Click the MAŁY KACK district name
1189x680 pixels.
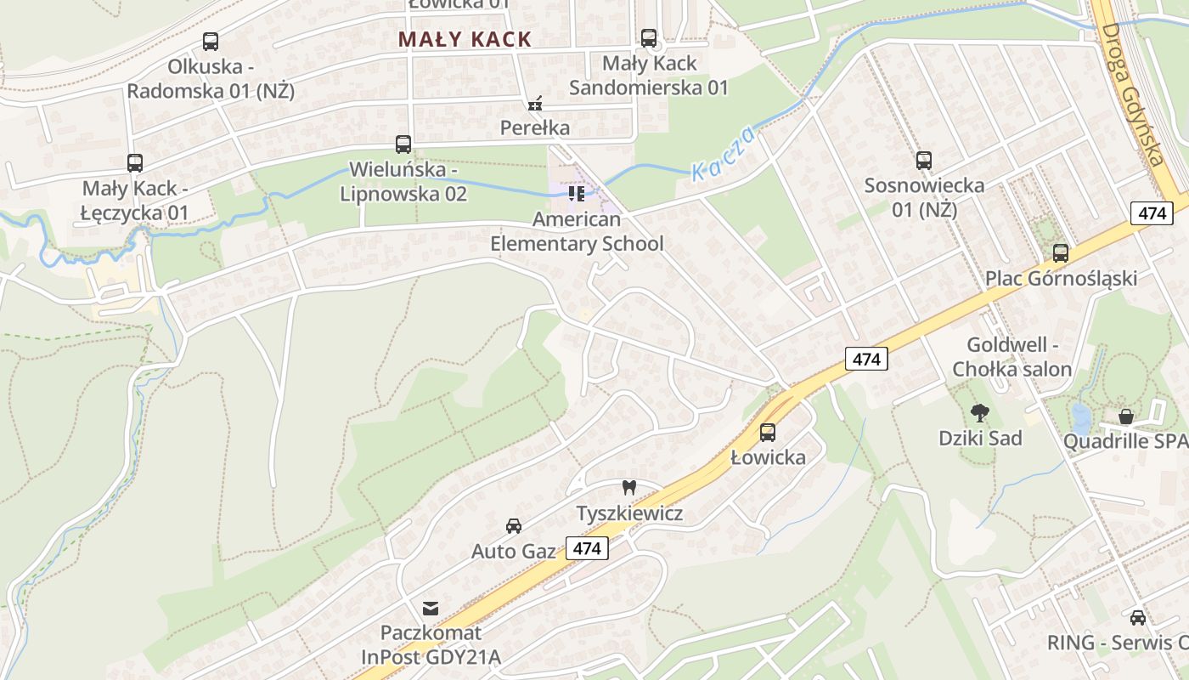pyautogui.click(x=465, y=39)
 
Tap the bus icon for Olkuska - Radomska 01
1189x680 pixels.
pyautogui.click(x=211, y=41)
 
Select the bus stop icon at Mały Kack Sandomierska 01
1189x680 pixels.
pyautogui.click(x=649, y=37)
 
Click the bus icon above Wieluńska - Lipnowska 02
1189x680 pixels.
pyautogui.click(x=403, y=144)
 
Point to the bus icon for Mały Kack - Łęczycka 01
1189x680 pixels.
pyautogui.click(x=135, y=163)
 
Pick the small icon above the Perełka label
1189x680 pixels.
pyautogui.click(x=534, y=105)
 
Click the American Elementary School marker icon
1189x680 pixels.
pyautogui.click(x=577, y=194)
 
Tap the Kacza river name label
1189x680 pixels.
pyautogui.click(x=723, y=154)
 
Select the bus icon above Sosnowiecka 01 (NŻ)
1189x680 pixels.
pyautogui.click(x=924, y=160)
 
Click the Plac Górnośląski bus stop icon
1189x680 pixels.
pyautogui.click(x=1061, y=252)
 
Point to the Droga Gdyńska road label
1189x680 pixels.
pyautogui.click(x=1131, y=93)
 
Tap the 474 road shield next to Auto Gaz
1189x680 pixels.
pyautogui.click(x=587, y=548)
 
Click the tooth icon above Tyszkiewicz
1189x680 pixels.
pyautogui.click(x=629, y=488)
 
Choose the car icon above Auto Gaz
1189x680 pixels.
pyautogui.click(x=514, y=525)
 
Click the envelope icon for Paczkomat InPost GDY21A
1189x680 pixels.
pyautogui.click(x=431, y=608)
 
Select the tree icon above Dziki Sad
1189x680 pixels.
pyautogui.click(x=980, y=413)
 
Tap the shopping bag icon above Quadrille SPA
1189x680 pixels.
pyautogui.click(x=1126, y=416)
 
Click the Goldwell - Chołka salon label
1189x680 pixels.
pyautogui.click(x=1011, y=357)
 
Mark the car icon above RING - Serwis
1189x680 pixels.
pyautogui.click(x=1138, y=617)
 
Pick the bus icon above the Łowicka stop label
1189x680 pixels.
pyautogui.click(x=768, y=432)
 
